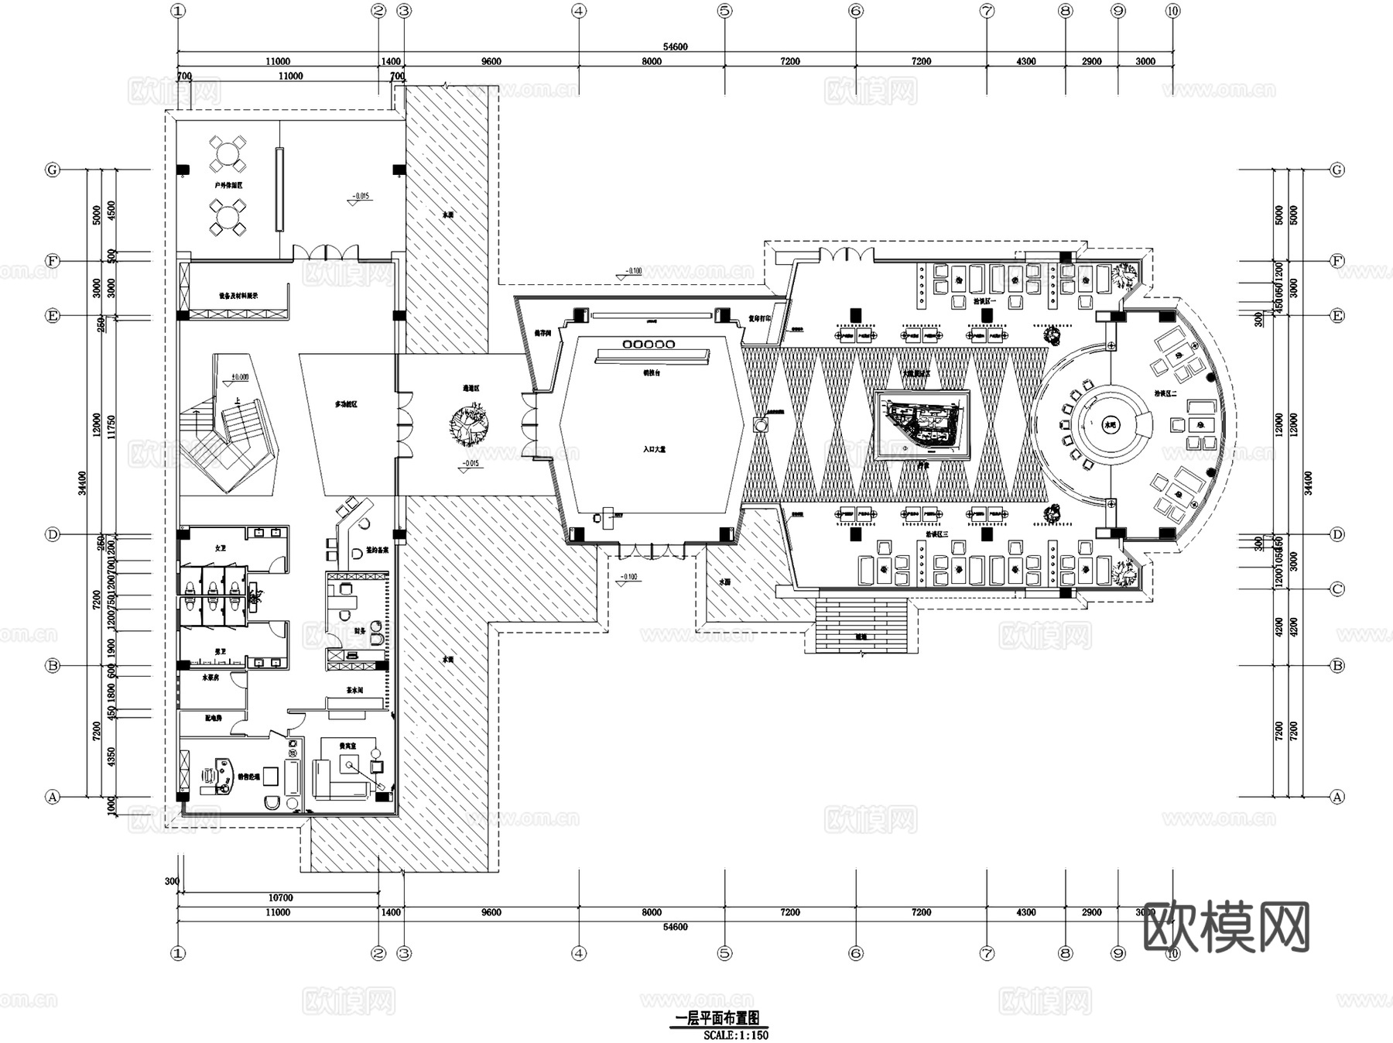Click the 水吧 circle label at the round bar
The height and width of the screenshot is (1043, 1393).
(x=1111, y=424)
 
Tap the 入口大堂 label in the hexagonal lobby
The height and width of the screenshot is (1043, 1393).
(x=654, y=448)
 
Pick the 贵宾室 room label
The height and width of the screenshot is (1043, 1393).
(x=347, y=746)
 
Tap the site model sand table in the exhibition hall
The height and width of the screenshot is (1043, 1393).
(x=922, y=425)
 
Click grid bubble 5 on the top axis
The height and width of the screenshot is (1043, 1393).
(x=724, y=11)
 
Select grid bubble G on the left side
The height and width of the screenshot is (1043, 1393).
(x=53, y=170)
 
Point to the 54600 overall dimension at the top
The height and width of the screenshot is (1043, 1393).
(x=675, y=46)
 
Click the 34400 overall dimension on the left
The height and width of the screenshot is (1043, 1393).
(x=83, y=482)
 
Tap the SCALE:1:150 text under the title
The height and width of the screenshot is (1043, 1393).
(x=736, y=1034)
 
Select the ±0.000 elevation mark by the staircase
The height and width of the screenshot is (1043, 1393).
(x=240, y=377)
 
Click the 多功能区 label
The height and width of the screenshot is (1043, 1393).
(x=345, y=404)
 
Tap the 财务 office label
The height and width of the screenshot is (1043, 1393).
(x=360, y=630)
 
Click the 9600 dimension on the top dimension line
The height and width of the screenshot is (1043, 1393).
(x=491, y=61)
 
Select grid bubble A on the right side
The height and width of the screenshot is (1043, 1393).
(x=1337, y=796)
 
